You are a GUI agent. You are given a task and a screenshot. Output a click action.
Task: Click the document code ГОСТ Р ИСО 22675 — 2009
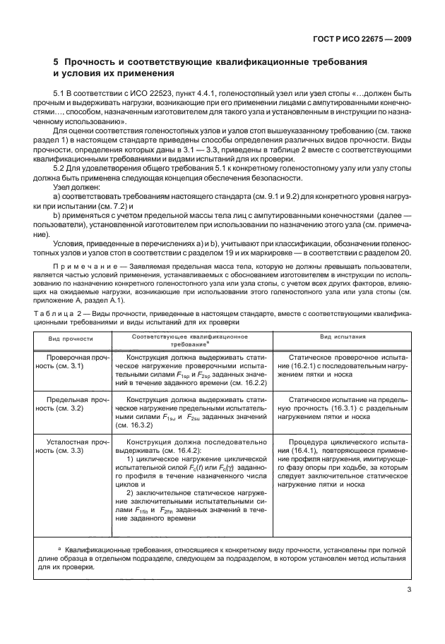coord(362,40)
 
